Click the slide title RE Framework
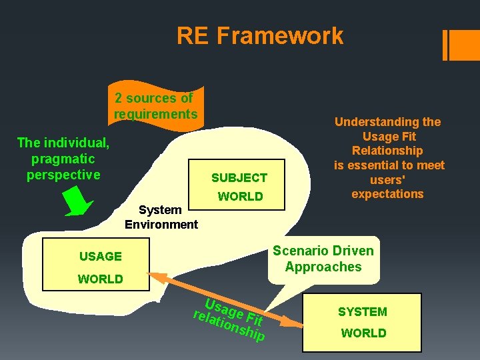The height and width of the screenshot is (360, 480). (x=260, y=35)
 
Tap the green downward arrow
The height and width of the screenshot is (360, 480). (x=79, y=201)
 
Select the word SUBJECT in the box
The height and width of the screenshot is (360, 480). (x=239, y=177)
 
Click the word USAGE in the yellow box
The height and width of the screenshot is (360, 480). (x=100, y=256)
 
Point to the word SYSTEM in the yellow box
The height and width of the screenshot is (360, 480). (x=362, y=311)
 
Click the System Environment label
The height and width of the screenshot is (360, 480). (x=161, y=217)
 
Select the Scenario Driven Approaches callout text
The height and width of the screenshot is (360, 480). (x=323, y=259)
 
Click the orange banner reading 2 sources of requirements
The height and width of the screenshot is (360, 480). (x=155, y=106)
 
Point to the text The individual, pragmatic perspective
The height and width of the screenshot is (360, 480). (x=63, y=159)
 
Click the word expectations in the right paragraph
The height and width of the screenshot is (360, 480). (x=387, y=194)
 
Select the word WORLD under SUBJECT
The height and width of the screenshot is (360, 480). (x=240, y=197)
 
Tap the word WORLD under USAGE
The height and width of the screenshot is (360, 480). (x=100, y=279)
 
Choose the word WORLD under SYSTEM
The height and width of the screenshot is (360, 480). (x=363, y=333)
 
